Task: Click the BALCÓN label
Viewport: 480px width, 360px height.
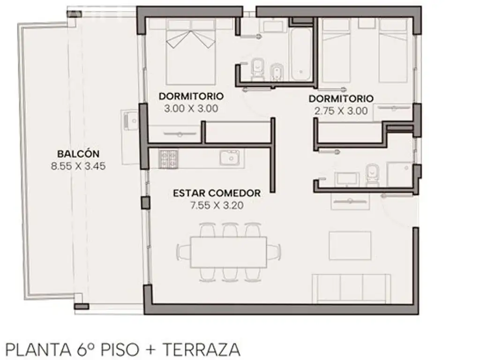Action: [78, 154]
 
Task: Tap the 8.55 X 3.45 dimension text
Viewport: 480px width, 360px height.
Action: [78, 166]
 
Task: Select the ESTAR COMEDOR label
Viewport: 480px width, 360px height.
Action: [217, 193]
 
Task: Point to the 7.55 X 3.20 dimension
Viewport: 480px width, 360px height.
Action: [217, 205]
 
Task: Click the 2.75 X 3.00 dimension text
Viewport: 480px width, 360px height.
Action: [341, 111]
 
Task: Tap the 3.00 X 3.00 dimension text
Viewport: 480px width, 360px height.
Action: [191, 108]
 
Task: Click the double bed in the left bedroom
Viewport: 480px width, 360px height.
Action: [190, 52]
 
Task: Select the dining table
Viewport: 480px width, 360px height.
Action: [228, 252]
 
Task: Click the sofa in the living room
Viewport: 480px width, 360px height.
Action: [351, 288]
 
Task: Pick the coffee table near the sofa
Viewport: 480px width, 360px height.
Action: [350, 246]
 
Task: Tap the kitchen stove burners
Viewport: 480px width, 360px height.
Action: [168, 159]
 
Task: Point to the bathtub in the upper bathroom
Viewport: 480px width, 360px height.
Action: [301, 54]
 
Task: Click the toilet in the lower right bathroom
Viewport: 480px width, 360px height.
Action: [372, 175]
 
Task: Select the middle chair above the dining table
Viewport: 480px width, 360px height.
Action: [230, 230]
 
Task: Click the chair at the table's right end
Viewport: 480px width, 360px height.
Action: [274, 252]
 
